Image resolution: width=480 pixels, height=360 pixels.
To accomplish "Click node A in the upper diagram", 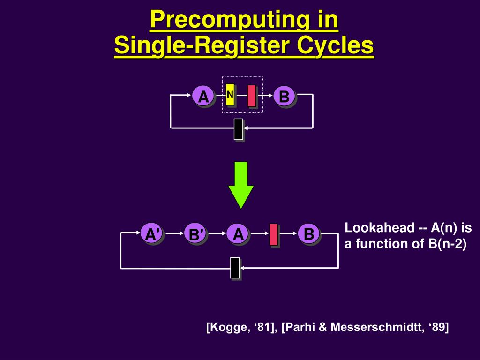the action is [203, 96].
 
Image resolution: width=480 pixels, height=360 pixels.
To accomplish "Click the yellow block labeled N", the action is [230, 95].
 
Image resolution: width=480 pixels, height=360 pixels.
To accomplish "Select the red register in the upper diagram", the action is [252, 96].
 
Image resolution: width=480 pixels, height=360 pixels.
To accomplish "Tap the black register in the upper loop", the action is [239, 129].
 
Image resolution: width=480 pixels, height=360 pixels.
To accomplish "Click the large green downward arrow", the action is [241, 185].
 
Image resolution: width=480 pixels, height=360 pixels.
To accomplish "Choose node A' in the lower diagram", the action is [152, 233].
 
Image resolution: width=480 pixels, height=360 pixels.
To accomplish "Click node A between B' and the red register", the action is [238, 233].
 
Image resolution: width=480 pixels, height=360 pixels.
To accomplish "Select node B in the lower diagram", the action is [308, 233].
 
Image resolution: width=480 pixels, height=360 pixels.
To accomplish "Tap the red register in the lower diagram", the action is [274, 234].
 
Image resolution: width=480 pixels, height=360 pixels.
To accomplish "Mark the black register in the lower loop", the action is [235, 268].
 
